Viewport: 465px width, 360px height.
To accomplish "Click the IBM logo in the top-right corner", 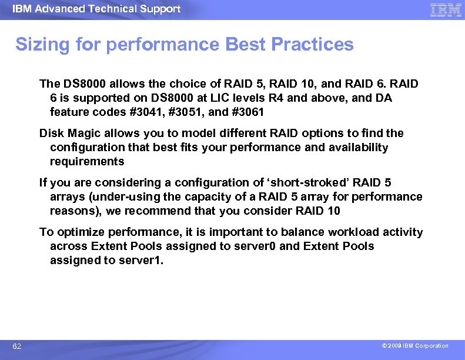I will [446, 9].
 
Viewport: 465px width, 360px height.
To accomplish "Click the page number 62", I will [17, 346].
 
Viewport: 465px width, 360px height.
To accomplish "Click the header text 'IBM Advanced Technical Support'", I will [96, 9].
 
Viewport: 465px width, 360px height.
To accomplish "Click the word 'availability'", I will [357, 148].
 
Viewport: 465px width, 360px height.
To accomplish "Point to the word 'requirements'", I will [87, 162].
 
